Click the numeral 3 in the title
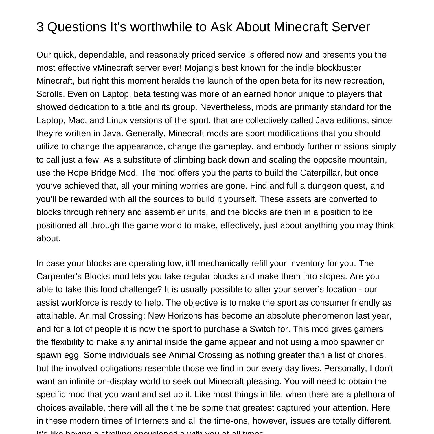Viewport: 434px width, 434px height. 40,27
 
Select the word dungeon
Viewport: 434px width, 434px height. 324,186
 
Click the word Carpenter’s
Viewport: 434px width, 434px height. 59,276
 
